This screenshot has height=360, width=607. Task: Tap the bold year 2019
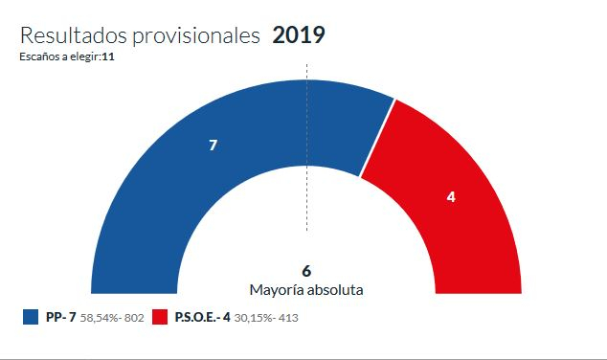pyautogui.click(x=299, y=36)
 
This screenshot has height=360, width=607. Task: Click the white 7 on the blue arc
pyautogui.click(x=213, y=146)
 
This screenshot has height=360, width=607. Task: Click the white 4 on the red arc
pyautogui.click(x=451, y=196)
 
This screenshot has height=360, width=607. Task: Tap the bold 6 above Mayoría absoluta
pyautogui.click(x=306, y=270)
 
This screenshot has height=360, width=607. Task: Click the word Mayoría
pyautogui.click(x=277, y=289)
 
